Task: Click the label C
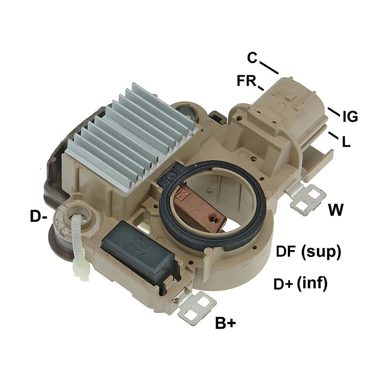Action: coord(252,57)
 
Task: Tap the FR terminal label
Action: coord(246,80)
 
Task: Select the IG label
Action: coord(350,117)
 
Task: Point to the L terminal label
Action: coord(346,142)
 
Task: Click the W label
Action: coord(335,210)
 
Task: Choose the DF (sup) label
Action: coord(309,252)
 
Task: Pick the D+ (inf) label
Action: coord(300,283)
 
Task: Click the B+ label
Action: coord(225,323)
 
